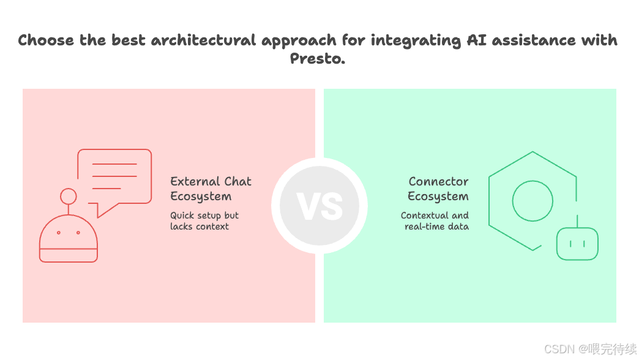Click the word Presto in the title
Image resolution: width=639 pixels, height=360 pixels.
coord(317,59)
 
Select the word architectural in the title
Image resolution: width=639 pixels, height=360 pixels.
coord(203,40)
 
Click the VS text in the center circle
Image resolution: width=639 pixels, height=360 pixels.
coord(319,206)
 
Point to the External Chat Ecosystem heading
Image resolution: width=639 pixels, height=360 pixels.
coord(211,189)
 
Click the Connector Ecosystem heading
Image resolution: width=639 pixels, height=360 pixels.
coord(438,189)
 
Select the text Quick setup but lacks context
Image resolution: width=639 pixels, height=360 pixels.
coord(204,221)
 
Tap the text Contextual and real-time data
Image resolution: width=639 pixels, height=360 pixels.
coord(435,221)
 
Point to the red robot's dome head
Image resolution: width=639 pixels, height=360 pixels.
coord(69,238)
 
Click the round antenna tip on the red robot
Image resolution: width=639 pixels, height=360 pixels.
coord(69,196)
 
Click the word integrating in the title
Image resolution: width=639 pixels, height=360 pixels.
coord(416,40)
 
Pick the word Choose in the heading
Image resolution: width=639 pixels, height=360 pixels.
coord(46,40)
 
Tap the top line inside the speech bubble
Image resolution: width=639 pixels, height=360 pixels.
coord(114,164)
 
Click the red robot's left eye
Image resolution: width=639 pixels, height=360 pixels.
coord(59,233)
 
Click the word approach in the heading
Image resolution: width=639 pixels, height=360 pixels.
coord(299,40)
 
